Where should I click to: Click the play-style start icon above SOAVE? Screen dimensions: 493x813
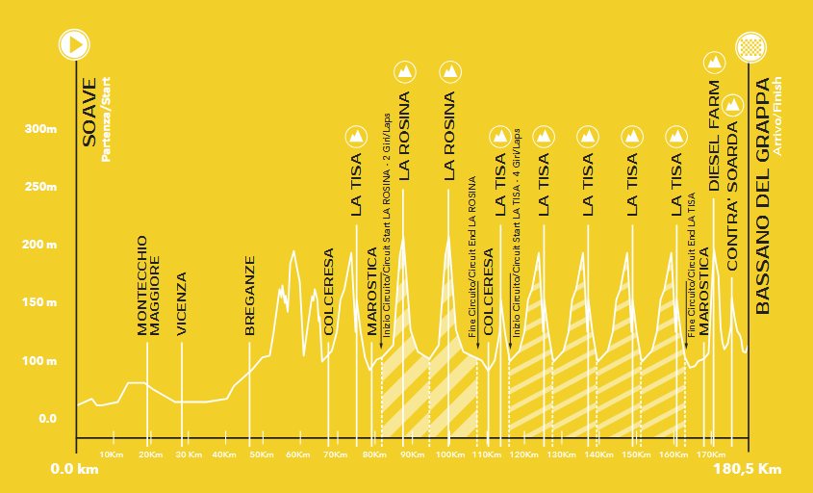[x=75, y=44]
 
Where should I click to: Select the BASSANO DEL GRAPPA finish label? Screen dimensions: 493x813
[x=764, y=195]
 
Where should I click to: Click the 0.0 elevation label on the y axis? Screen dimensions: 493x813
[x=47, y=419]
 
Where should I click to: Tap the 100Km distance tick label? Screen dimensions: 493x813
[x=449, y=454]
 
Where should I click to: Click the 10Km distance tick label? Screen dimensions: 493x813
[x=112, y=454]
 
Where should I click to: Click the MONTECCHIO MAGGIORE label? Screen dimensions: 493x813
[x=147, y=286]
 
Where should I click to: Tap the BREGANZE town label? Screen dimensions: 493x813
[x=249, y=296]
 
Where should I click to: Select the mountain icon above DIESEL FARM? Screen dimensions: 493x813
[x=714, y=64]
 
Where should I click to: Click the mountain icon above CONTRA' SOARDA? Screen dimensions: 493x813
[x=732, y=103]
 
